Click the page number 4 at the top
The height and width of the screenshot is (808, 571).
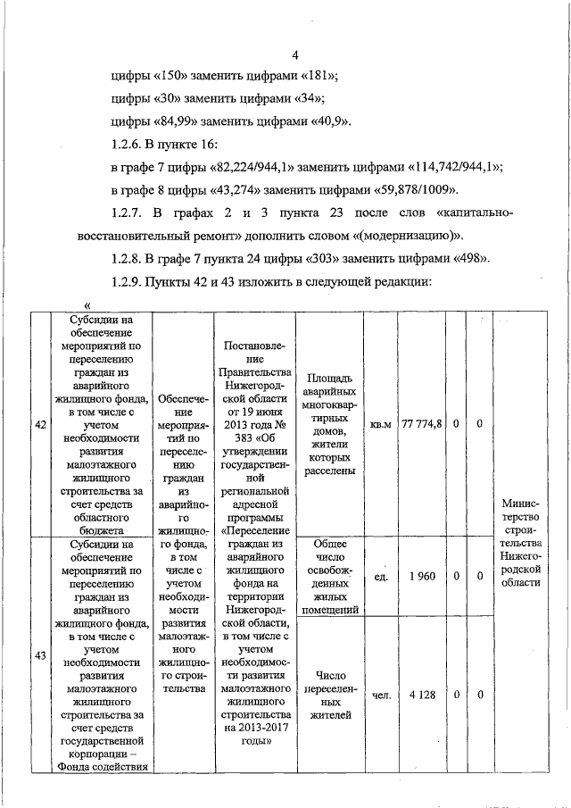click(295, 52)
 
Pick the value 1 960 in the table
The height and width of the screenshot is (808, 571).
click(422, 577)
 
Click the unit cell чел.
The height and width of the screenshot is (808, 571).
click(381, 695)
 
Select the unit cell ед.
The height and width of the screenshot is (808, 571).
click(381, 577)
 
